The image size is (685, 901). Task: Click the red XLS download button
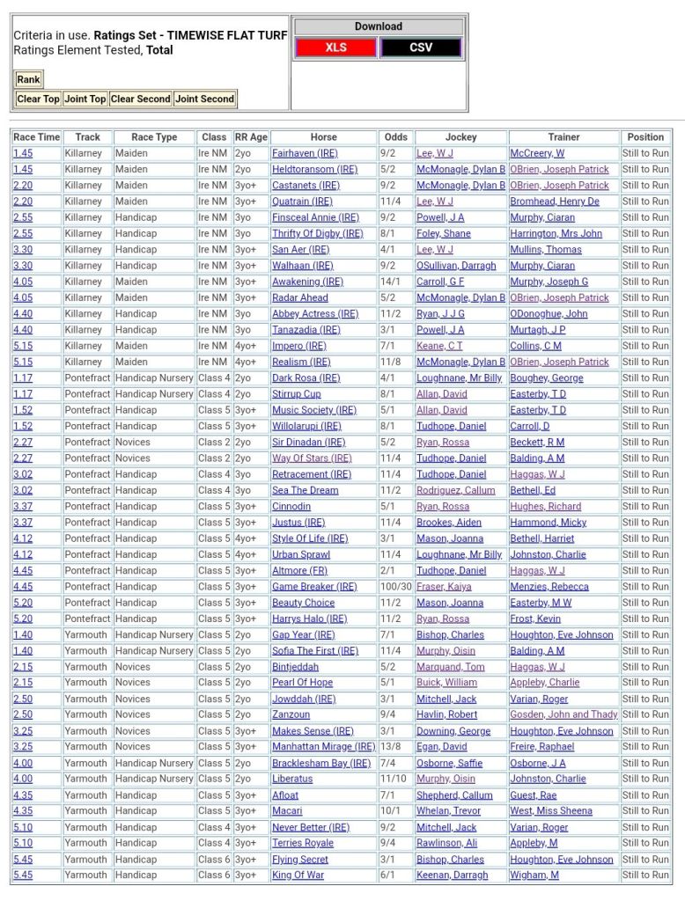335,48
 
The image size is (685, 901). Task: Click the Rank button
29,79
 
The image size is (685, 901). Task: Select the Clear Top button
38,99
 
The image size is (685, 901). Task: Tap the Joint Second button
204,99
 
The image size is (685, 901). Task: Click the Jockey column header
460,137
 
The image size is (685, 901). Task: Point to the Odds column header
396,137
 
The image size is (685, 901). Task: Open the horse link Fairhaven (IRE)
305,153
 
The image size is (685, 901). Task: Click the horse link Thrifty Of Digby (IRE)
317,233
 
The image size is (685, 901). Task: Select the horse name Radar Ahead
300,297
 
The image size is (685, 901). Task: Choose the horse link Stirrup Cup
296,394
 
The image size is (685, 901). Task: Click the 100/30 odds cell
396,587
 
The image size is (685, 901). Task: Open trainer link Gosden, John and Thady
563,715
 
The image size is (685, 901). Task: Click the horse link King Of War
298,875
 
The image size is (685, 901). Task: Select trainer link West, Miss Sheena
551,811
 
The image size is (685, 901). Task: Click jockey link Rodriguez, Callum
455,490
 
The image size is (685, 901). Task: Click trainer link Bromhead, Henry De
555,201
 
